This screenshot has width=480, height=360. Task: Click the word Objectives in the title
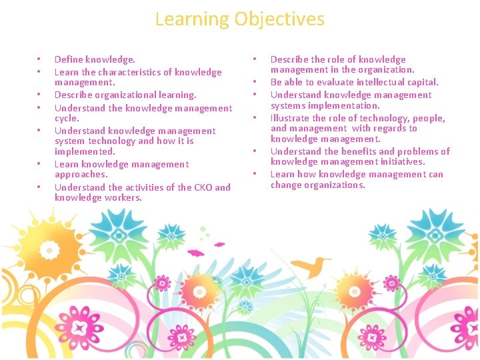[279, 19]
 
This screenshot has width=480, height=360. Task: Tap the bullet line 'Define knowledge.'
[95, 60]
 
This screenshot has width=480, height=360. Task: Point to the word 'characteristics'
[120, 72]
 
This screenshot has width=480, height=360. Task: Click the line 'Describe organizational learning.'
[125, 95]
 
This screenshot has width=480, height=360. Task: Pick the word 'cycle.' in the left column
[67, 118]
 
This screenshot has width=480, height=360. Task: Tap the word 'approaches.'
[81, 174]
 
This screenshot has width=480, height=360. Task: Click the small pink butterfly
[196, 253]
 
